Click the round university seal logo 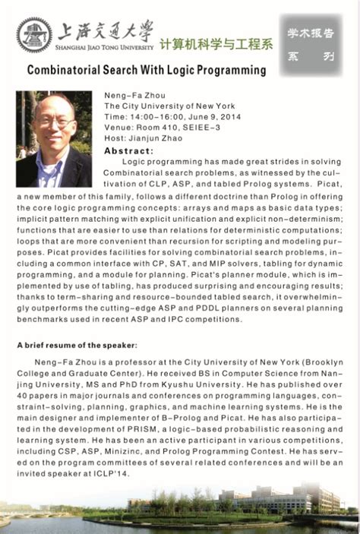coord(33,35)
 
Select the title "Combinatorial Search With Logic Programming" coord(147,71)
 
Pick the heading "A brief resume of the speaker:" coord(66,345)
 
